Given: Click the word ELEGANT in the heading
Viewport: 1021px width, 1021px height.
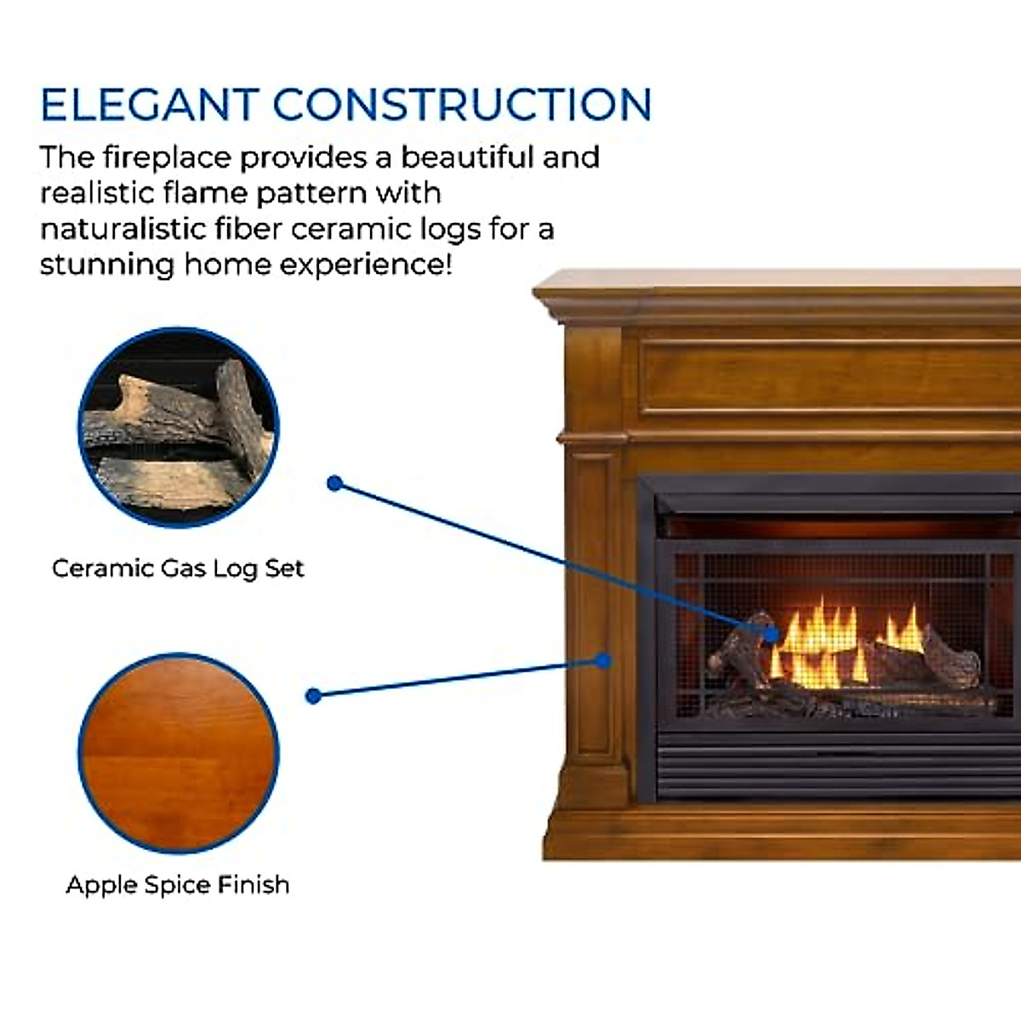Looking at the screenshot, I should [x=150, y=105].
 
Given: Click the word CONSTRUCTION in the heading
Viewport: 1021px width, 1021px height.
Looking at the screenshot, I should [x=462, y=105].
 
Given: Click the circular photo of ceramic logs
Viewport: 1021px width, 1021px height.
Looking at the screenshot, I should [x=179, y=427].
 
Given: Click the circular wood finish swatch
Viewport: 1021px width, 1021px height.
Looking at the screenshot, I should [x=179, y=753].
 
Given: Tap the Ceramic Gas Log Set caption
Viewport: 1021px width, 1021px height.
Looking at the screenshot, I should [x=178, y=568].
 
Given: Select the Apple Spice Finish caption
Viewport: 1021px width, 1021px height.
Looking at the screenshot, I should [x=178, y=885].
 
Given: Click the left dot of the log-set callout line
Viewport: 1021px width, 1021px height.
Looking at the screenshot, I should [x=334, y=483].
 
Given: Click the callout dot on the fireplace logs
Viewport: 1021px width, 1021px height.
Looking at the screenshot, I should [x=772, y=634].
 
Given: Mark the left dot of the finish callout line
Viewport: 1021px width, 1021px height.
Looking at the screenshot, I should [x=313, y=696].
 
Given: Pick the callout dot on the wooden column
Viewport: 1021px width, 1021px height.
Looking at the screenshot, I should [x=603, y=660].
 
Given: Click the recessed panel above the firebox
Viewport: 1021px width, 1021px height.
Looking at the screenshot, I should [x=830, y=377].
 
